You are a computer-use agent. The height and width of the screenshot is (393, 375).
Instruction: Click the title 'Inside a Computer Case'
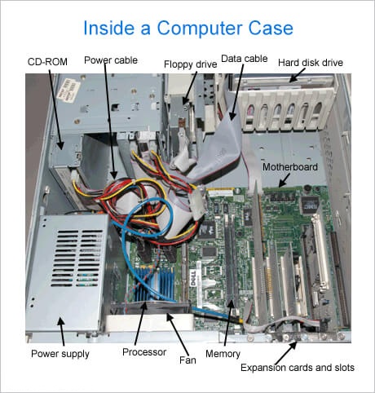pyautogui.click(x=188, y=29)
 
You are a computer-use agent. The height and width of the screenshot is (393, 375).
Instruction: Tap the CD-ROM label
pyautogui.click(x=47, y=62)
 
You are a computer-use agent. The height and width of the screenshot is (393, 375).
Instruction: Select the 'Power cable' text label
pyautogui.click(x=111, y=60)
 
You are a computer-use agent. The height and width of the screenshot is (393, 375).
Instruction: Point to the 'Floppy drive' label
pyautogui.click(x=191, y=64)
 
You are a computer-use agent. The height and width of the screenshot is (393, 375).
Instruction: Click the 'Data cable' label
pyautogui.click(x=245, y=59)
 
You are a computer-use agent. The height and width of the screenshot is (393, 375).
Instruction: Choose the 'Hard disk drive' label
pyautogui.click(x=311, y=63)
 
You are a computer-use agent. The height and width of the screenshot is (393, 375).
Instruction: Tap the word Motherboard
pyautogui.click(x=290, y=166)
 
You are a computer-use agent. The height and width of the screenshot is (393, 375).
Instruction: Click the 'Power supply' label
pyautogui.click(x=60, y=354)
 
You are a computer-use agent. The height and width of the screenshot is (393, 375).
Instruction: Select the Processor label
pyautogui.click(x=144, y=352)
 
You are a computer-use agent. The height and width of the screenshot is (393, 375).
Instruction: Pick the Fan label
pyautogui.click(x=187, y=360)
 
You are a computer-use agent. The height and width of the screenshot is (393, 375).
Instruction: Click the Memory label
pyautogui.click(x=223, y=354)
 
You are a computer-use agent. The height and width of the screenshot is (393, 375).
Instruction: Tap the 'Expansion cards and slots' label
pyautogui.click(x=298, y=368)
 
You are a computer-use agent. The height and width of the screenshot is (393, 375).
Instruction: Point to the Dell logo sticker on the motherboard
pyautogui.click(x=193, y=278)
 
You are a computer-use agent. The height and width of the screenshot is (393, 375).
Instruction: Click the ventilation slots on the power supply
pyautogui.click(x=77, y=258)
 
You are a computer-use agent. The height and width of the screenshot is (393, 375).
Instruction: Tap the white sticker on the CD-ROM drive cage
pyautogui.click(x=68, y=91)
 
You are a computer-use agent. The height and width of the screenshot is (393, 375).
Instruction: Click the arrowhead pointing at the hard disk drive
pyautogui.click(x=292, y=79)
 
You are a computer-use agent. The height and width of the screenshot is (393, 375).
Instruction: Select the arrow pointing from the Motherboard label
pyautogui.click(x=284, y=180)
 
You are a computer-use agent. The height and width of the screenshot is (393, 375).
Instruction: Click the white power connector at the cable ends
pyautogui.click(x=199, y=202)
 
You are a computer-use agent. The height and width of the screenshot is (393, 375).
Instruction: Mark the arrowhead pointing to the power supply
pyautogui.click(x=60, y=321)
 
